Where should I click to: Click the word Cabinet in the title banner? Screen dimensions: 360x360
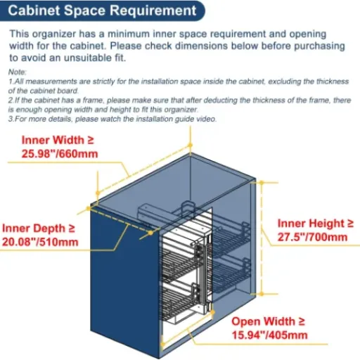34,11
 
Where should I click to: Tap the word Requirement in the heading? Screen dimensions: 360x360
153,11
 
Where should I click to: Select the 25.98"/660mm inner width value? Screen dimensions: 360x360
60,154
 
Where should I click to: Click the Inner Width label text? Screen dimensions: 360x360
58,140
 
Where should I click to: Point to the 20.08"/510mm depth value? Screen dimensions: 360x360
40,242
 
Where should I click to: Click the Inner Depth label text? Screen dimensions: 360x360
39,229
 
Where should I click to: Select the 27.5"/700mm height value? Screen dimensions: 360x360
312,237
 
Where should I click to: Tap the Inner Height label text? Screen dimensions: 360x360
316,224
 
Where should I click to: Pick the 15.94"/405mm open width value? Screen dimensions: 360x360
269,335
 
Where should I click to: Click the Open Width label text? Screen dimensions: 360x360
269,321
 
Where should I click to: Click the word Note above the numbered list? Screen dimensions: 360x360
17,72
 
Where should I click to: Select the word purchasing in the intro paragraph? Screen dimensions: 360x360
319,46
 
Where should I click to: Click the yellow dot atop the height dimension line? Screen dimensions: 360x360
262,182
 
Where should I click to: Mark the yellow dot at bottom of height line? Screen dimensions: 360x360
262,294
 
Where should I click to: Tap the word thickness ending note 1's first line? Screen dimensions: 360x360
333,82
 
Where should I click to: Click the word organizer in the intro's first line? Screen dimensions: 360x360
54,34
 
